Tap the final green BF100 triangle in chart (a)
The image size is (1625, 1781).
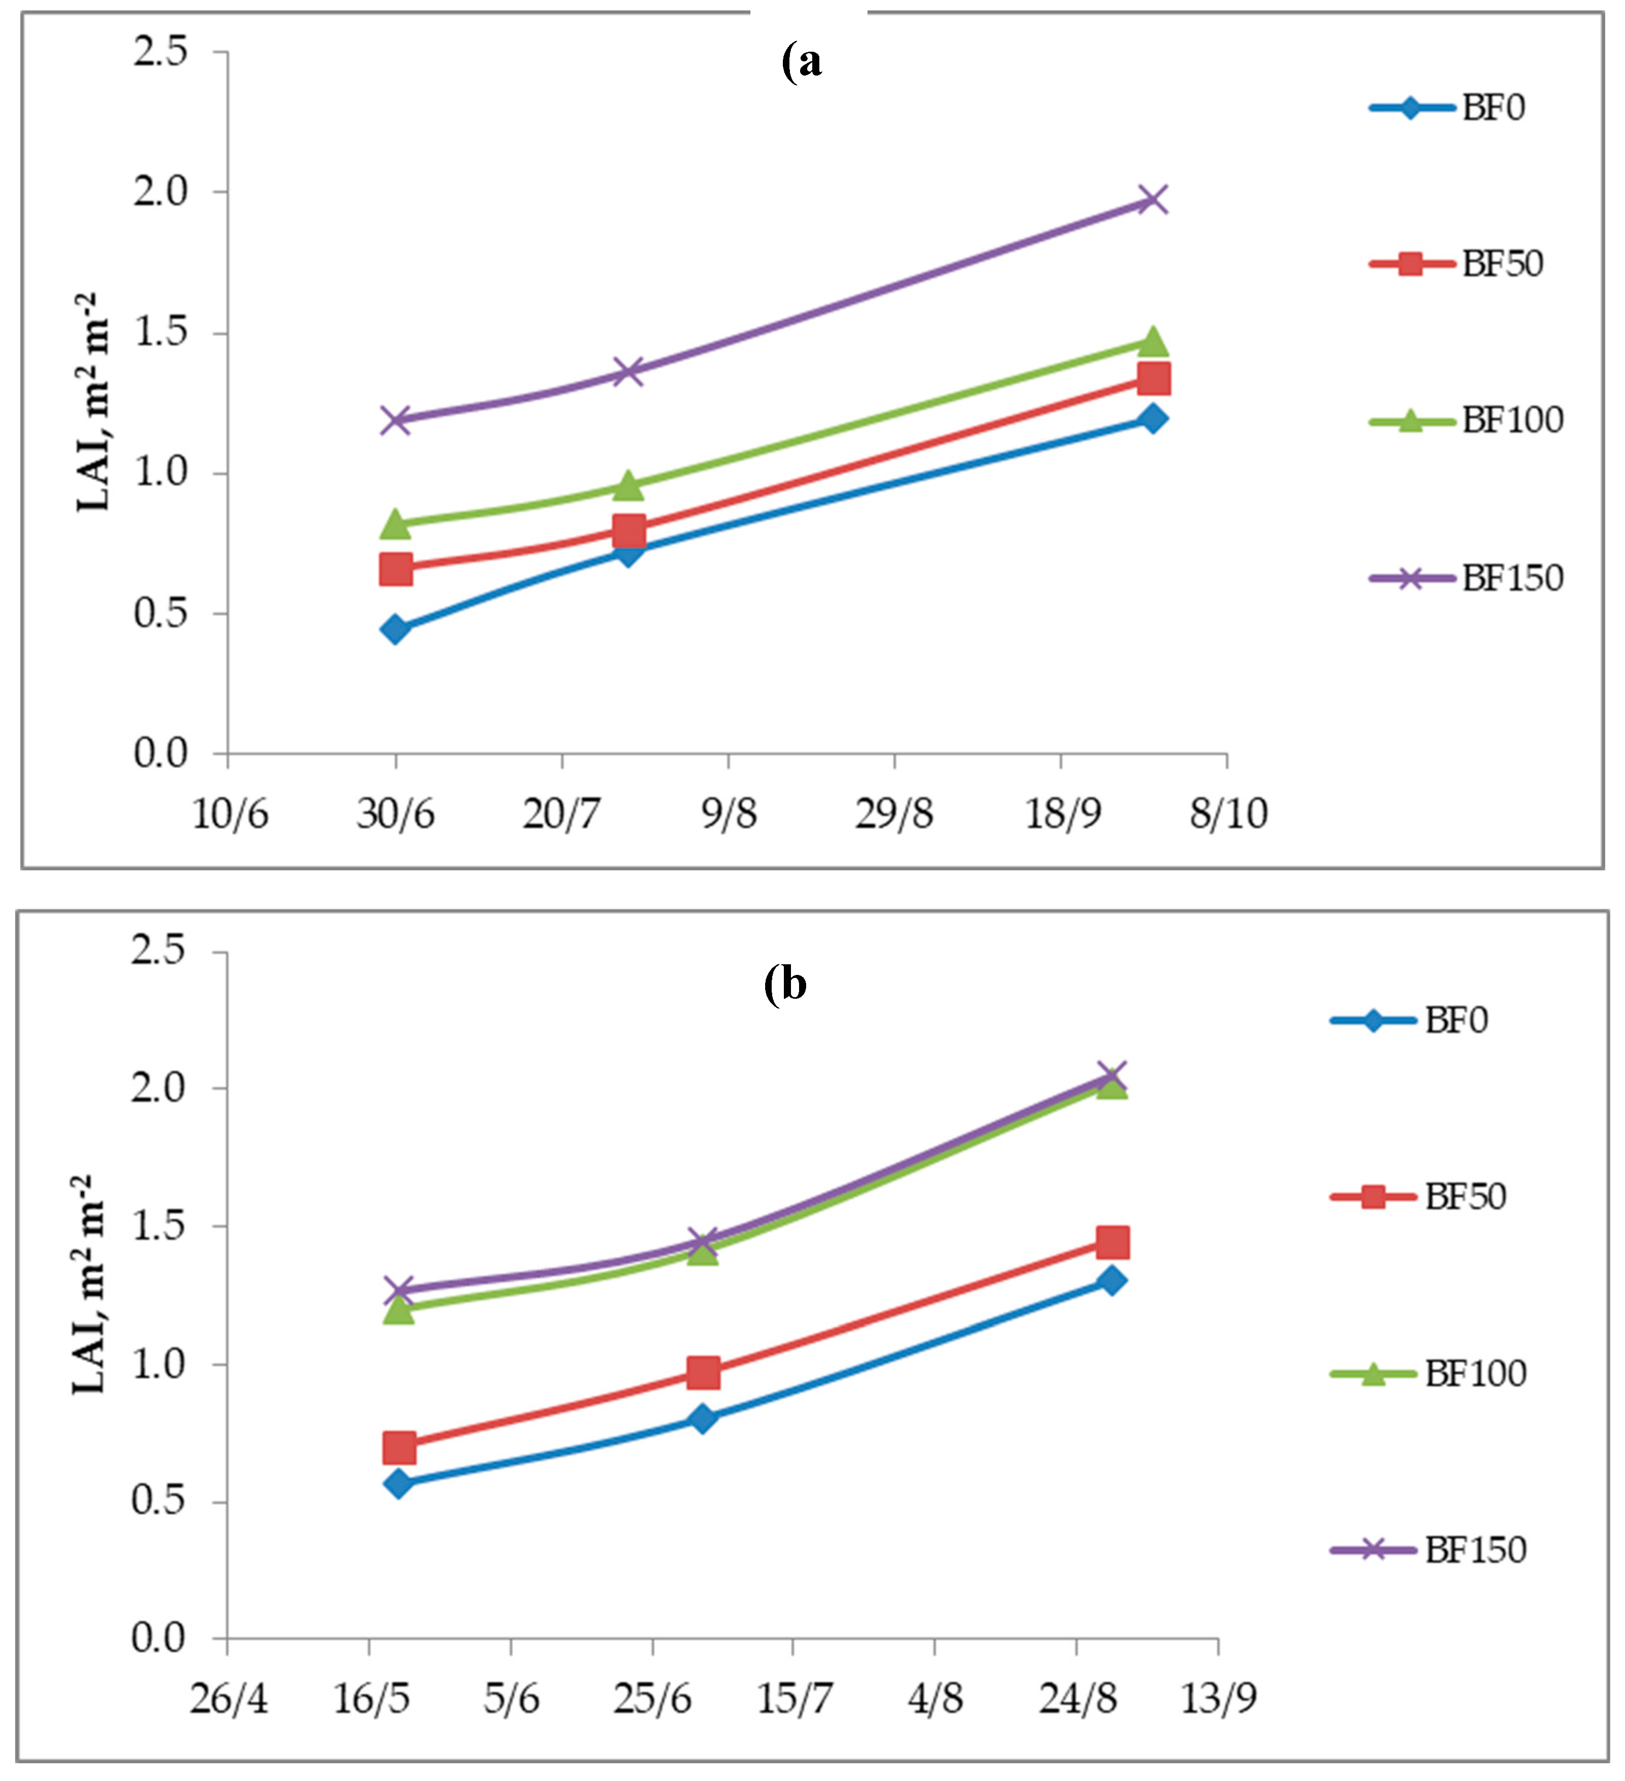click(x=1153, y=341)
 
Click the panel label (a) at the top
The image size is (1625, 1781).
click(x=802, y=62)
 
